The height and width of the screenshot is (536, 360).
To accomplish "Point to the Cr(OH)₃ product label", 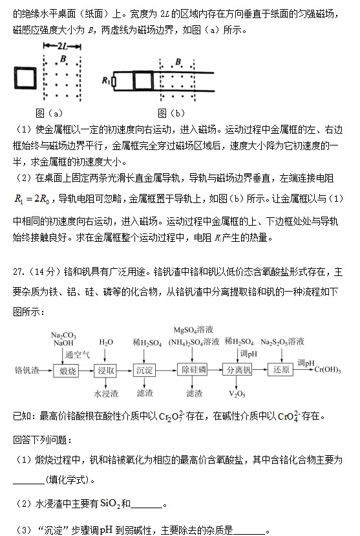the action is (329, 370).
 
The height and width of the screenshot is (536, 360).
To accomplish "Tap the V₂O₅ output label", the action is (237, 393).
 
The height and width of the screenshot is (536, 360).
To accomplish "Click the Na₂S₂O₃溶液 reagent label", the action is (283, 341).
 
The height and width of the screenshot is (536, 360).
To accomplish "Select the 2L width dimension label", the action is (63, 47).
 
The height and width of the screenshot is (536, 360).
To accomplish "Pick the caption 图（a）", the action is (50, 112).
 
